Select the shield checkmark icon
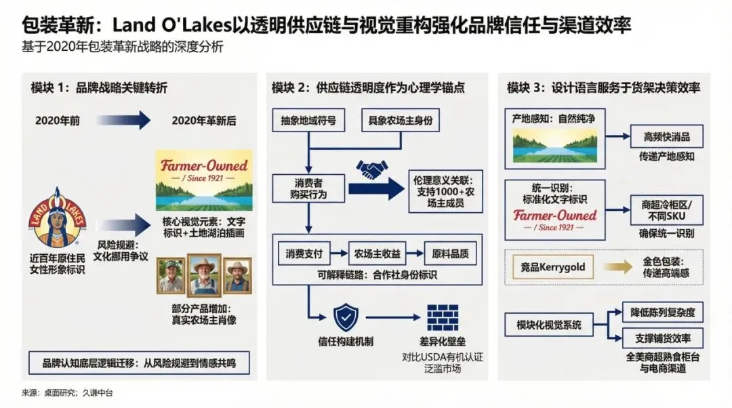346,317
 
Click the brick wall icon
441,317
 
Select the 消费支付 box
304,253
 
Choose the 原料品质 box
450,253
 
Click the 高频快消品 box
666,136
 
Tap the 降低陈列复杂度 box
662,313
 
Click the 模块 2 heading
368,88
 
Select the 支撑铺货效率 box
662,338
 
